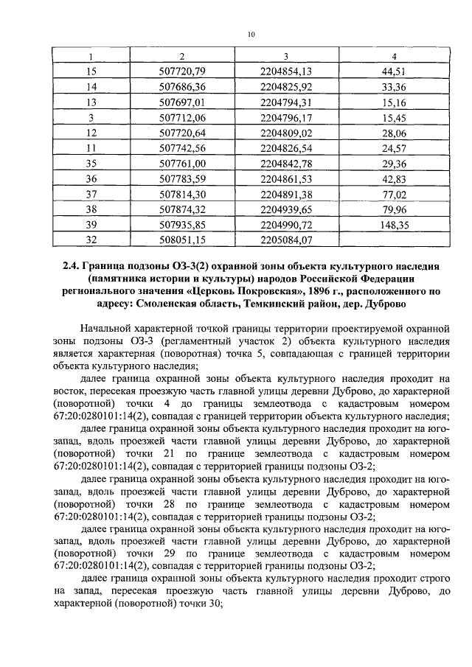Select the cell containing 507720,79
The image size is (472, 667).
181,71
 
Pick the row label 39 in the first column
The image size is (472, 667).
92,225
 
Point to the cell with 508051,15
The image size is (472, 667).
181,240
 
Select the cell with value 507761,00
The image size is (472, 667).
181,163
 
